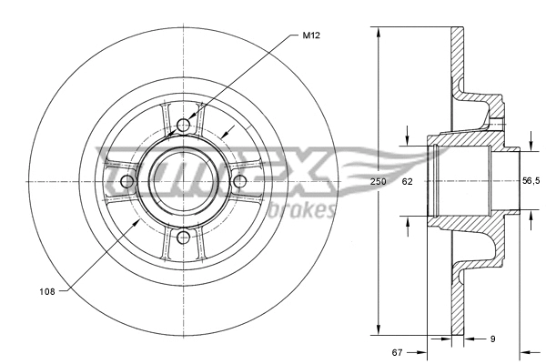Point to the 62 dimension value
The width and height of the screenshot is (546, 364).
pyautogui.click(x=408, y=182)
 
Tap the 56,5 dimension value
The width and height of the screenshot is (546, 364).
pyautogui.click(x=531, y=182)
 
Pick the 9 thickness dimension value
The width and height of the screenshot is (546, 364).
pyautogui.click(x=492, y=339)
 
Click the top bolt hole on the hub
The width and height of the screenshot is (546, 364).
pyautogui.click(x=184, y=125)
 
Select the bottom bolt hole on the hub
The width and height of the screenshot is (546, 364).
pyautogui.click(x=184, y=238)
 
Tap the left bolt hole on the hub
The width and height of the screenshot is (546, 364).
pyautogui.click(x=127, y=182)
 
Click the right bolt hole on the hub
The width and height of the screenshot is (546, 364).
pyautogui.click(x=240, y=182)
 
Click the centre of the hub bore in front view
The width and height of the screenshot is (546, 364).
pyautogui.click(x=184, y=182)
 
